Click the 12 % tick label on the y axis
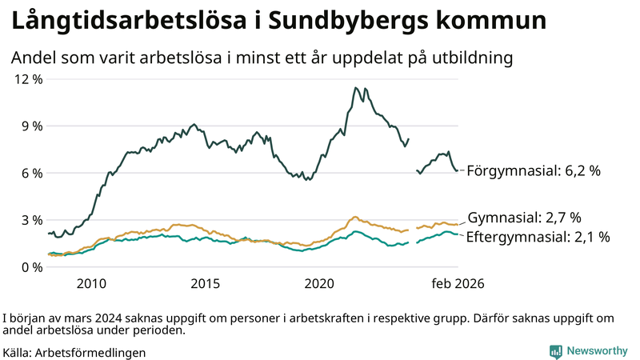coord(26,79)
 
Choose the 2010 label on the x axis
coord(91,284)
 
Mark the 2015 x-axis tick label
coord(206,284)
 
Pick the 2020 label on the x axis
coord(320,284)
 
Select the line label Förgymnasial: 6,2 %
coord(533,171)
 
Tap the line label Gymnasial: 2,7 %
coord(523,218)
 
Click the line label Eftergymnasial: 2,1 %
coord(538,237)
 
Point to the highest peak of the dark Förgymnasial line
coord(354,88)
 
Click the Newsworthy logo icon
coord(555,351)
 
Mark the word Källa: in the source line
coord(18,352)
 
